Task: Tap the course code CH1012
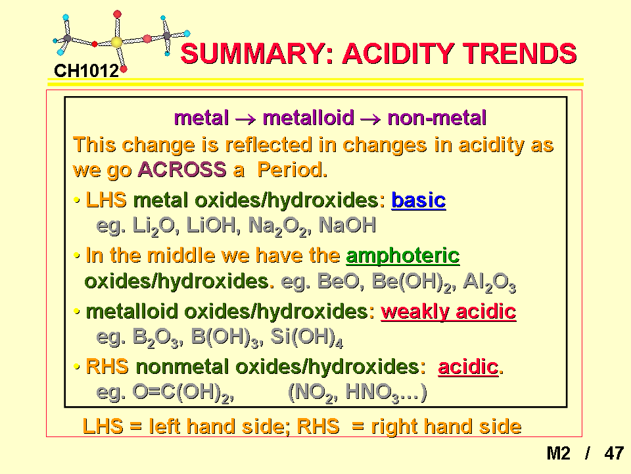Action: coord(86,71)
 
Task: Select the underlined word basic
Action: coord(419,200)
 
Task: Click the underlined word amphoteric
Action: coord(403,256)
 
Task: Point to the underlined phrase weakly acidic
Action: coord(448,312)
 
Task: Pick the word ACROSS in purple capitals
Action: coord(182,170)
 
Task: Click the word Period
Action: coord(292,170)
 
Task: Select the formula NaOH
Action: coord(347,225)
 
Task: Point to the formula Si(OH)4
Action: coord(307,338)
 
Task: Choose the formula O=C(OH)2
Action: coord(183,392)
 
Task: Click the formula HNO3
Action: coord(372,392)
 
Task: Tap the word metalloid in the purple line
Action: coord(308,118)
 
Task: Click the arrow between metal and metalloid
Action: coord(245,119)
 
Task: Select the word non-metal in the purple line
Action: coord(436,118)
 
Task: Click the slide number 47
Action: coord(614,454)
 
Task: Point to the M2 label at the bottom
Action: coord(559,454)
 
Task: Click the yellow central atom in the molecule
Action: coord(117,42)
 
